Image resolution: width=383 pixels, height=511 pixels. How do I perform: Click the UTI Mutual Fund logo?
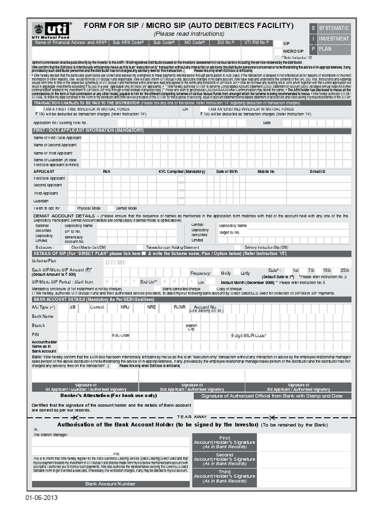click(51, 30)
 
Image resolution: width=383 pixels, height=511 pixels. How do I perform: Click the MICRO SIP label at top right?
click(293, 51)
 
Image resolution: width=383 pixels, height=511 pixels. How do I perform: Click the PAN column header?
click(106, 171)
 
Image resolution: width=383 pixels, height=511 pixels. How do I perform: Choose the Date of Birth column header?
click(226, 171)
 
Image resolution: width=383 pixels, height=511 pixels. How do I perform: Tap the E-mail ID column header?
click(317, 171)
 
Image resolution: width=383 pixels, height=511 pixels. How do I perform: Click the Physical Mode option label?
click(89, 208)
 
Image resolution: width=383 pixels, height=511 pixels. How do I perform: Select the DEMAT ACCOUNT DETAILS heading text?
click(64, 216)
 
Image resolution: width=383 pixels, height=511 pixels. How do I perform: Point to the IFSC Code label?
click(121, 335)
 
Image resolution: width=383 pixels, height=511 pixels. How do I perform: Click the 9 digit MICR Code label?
click(248, 335)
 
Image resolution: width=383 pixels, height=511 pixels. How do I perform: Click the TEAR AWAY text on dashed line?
click(191, 417)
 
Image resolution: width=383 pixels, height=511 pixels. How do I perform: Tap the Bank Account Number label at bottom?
click(110, 484)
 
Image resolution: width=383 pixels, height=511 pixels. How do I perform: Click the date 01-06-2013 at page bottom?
click(42, 498)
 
